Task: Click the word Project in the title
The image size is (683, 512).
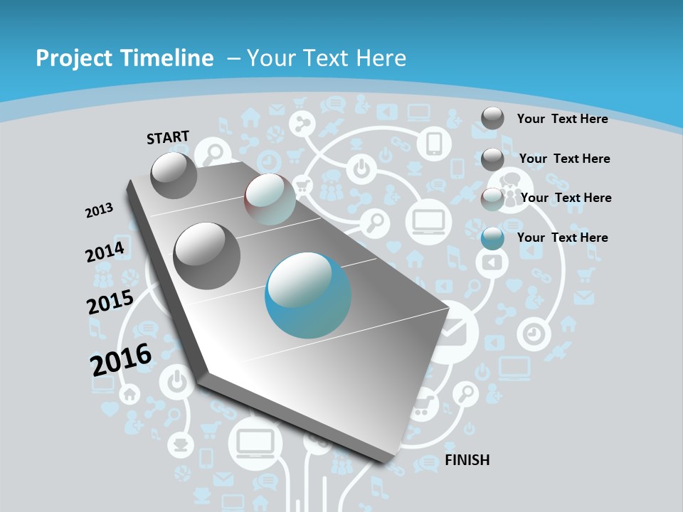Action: [x=73, y=58]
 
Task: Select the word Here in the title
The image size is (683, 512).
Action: [x=381, y=58]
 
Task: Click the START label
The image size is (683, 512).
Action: [x=168, y=137]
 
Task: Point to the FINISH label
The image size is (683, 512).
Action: [x=467, y=460]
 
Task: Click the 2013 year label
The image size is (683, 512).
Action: [x=99, y=210]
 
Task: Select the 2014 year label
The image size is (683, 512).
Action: [x=105, y=252]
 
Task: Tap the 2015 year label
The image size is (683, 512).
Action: [x=110, y=302]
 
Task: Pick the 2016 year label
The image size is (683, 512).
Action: [x=121, y=358]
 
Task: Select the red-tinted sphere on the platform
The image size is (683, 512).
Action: [x=270, y=199]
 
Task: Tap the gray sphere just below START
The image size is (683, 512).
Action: [x=174, y=176]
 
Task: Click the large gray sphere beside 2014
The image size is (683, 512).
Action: [x=207, y=255]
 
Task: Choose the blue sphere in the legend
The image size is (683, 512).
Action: [x=492, y=238]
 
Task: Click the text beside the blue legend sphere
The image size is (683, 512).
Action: [x=563, y=238]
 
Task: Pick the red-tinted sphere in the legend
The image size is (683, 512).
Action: [x=492, y=199]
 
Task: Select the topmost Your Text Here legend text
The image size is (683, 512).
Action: [x=563, y=119]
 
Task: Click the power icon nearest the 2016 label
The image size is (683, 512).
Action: [x=175, y=383]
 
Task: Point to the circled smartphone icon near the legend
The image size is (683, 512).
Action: [x=435, y=144]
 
